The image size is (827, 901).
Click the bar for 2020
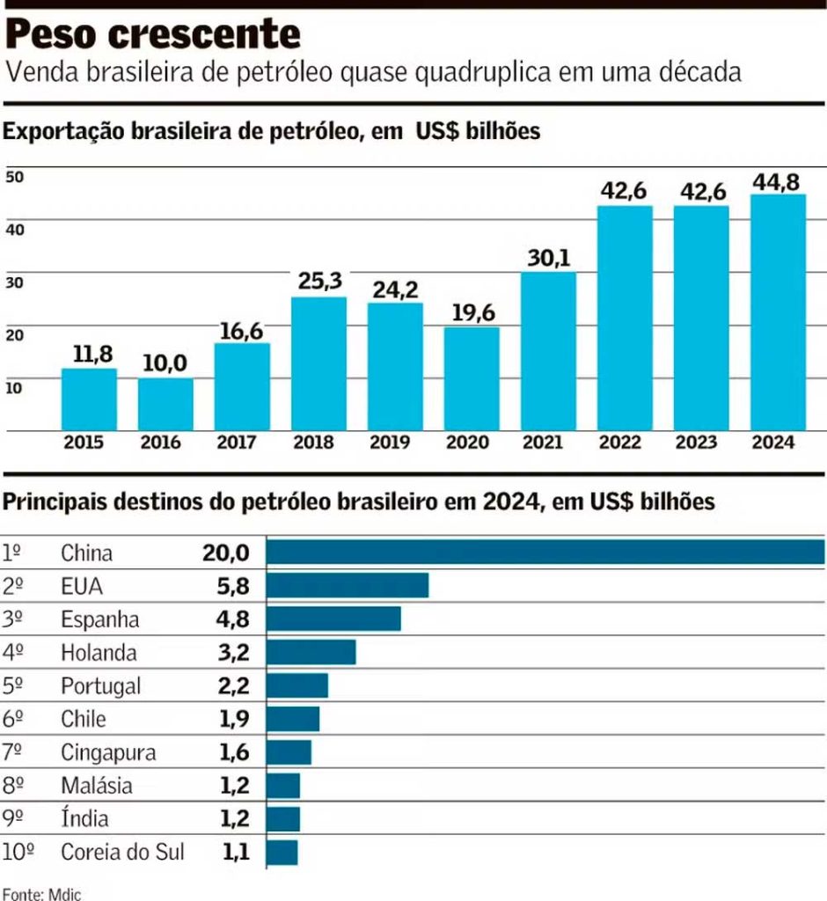point(471,378)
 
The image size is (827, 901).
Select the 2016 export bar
point(165,404)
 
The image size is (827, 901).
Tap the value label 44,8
point(777,182)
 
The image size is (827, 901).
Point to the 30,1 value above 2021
point(548,259)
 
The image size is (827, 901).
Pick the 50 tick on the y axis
point(15,176)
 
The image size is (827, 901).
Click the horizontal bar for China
point(545,552)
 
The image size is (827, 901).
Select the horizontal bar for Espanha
point(333,619)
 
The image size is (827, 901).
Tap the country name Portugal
point(100,686)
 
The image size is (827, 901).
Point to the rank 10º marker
point(18,852)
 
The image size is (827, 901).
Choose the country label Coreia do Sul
point(122,852)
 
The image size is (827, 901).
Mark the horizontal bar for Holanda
point(311,652)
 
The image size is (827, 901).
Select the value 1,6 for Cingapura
point(235,752)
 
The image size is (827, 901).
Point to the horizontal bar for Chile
point(292,719)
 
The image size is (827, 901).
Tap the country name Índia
point(84,819)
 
